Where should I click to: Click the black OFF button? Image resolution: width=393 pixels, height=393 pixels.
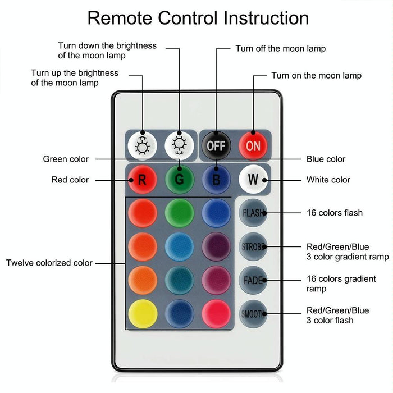click(216, 146)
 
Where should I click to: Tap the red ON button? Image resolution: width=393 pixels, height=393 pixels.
click(253, 146)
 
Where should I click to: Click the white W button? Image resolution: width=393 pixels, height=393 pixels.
click(253, 180)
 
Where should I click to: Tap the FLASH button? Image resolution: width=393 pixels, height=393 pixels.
click(253, 213)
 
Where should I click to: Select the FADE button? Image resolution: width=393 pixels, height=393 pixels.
click(253, 280)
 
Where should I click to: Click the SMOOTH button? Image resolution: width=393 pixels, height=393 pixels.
click(253, 314)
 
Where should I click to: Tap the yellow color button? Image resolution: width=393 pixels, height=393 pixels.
click(143, 313)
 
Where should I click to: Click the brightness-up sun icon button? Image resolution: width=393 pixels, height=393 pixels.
click(142, 146)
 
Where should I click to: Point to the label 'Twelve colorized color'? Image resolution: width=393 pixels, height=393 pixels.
click(49, 263)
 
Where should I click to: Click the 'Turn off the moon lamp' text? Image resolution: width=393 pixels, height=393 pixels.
click(280, 49)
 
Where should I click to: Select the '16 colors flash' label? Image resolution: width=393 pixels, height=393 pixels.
click(335, 213)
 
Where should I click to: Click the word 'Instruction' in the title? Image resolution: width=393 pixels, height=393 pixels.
click(267, 18)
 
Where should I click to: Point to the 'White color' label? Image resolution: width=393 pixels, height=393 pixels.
click(328, 180)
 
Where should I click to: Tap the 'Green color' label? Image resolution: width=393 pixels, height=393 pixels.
click(66, 159)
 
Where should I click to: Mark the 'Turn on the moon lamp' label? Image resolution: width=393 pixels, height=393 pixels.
click(316, 76)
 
